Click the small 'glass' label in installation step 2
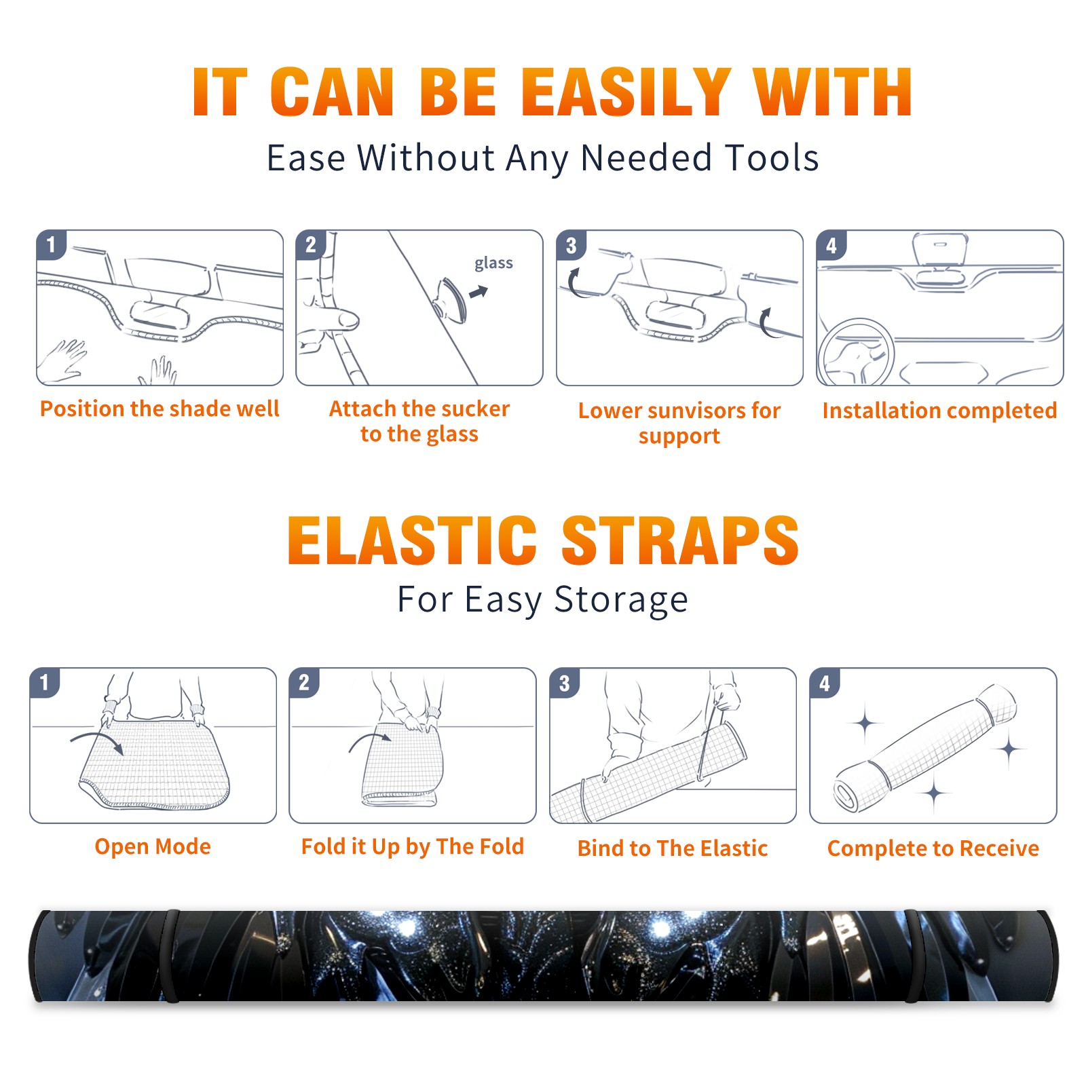coord(493,263)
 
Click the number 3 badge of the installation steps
coord(570,244)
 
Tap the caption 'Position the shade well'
coord(160,409)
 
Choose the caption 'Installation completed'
coord(939,411)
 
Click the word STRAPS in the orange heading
coord(680,540)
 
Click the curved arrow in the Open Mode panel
coord(97,741)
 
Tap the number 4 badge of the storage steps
coord(824,683)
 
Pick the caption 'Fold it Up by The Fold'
coord(413,846)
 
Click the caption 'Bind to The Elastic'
coord(673,848)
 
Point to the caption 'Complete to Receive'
coord(933,848)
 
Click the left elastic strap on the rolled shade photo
coord(171,956)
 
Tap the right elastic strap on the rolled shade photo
coord(914,956)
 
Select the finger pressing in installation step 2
coord(332,318)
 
